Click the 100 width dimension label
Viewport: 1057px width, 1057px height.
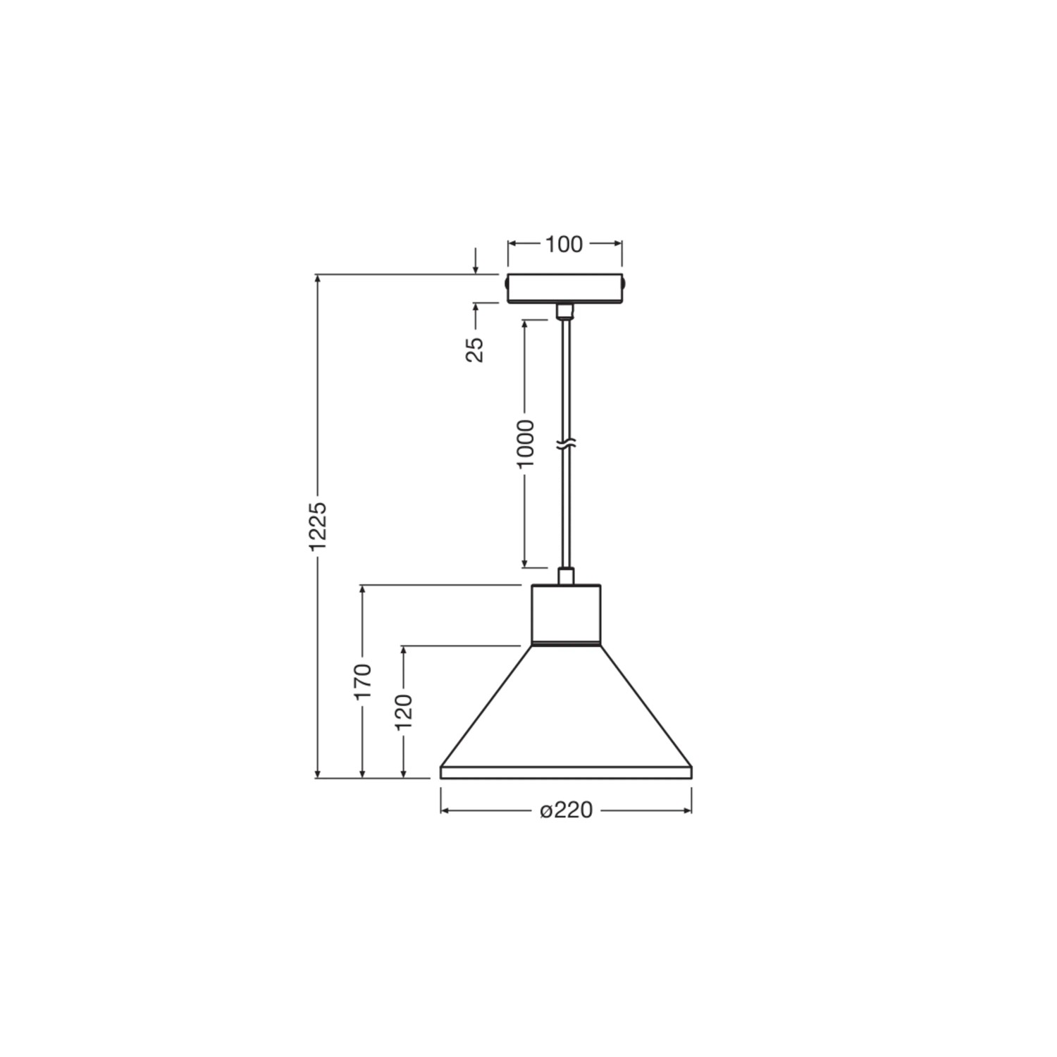564,244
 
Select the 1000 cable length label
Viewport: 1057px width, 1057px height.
525,443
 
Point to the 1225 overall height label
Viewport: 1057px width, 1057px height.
319,525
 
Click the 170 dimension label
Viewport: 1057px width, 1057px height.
362,681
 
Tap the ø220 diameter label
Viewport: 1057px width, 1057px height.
566,811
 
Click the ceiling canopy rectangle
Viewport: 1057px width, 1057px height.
565,288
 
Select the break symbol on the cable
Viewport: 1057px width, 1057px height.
566,445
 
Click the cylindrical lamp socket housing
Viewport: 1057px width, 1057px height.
566,614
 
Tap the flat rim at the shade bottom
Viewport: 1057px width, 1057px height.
566,772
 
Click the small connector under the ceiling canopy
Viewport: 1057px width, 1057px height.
565,311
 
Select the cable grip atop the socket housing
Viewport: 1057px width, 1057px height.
565,576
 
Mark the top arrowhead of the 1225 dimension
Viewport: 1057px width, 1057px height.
319,279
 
